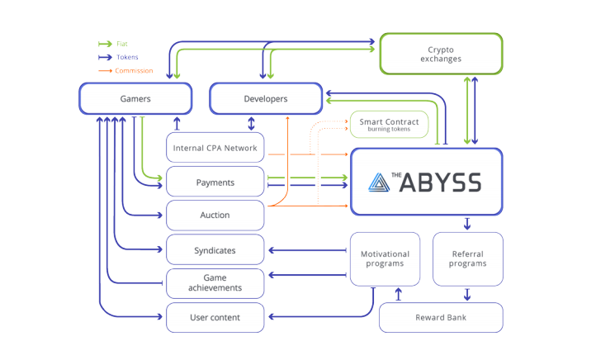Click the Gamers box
[x=135, y=99]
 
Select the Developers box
[x=266, y=99]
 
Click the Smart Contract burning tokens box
[x=389, y=125]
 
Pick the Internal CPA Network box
[x=215, y=149]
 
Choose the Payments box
[x=215, y=182]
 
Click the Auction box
[x=215, y=216]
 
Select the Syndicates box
[x=215, y=250]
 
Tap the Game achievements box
[x=215, y=283]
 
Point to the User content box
[x=215, y=317]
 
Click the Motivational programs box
[x=386, y=258]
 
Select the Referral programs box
[x=468, y=258]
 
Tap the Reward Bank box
[x=440, y=317]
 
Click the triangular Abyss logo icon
[x=380, y=182]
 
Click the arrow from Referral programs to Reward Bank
[x=468, y=294]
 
